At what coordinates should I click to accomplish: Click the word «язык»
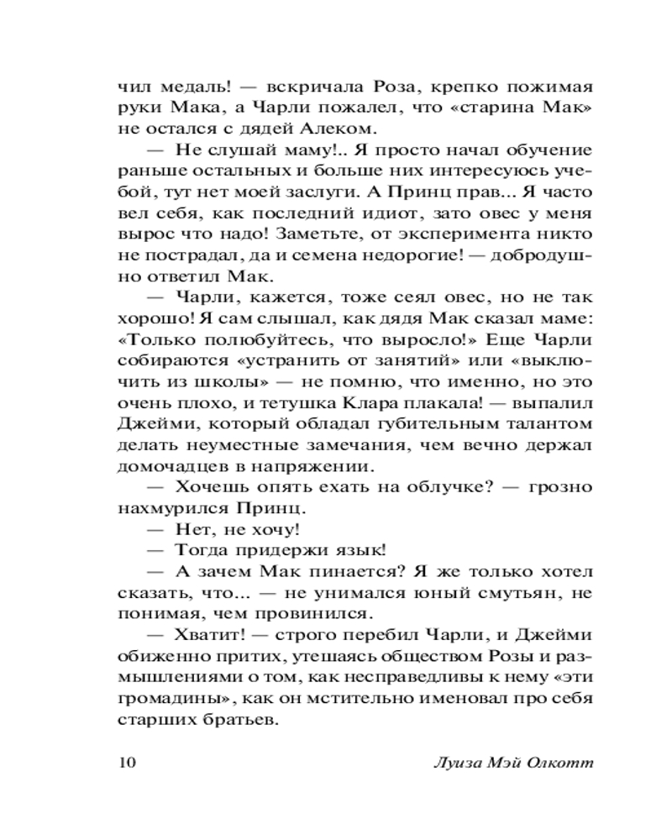(x=359, y=552)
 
